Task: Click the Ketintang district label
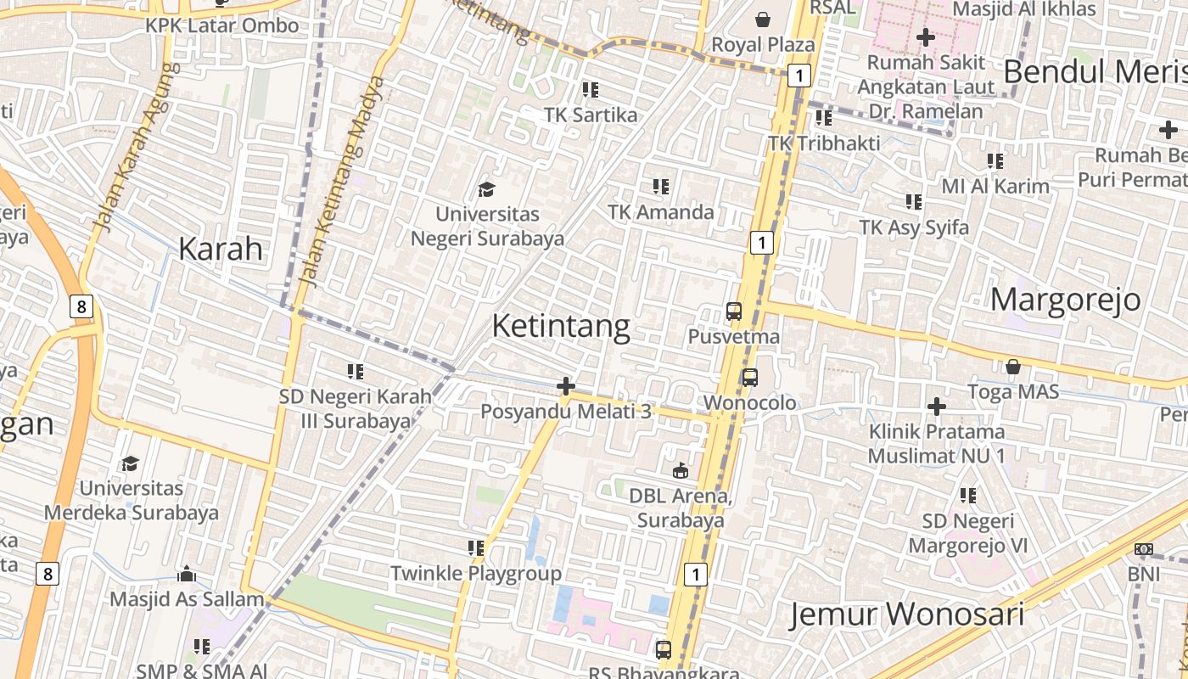pos(561,327)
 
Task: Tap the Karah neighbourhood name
pos(221,250)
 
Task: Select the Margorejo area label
pos(1066,300)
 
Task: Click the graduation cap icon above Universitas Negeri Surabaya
pos(486,188)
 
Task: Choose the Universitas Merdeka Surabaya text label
pos(131,501)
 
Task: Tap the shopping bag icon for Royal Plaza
pos(763,19)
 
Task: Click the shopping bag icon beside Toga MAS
pos(1012,367)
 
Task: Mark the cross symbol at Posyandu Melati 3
pos(565,387)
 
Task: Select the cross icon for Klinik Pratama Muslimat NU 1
pos(936,407)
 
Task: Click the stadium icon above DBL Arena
pos(680,470)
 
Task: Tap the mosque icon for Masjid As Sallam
pos(187,575)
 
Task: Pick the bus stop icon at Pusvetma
pos(734,311)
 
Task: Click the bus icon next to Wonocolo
pos(749,378)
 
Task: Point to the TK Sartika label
pos(591,115)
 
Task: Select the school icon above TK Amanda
pos(661,187)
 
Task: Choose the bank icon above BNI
pos(1144,549)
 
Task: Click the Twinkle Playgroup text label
pos(475,574)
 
